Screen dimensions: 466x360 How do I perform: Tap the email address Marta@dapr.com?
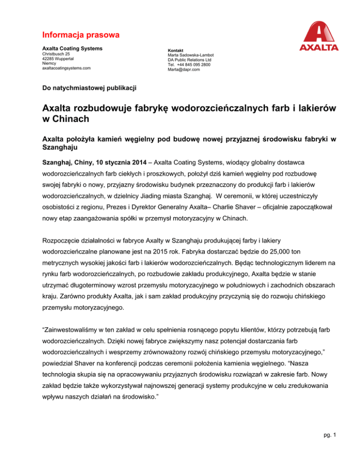point(183,70)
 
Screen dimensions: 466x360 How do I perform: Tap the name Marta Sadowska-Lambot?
point(192,55)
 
